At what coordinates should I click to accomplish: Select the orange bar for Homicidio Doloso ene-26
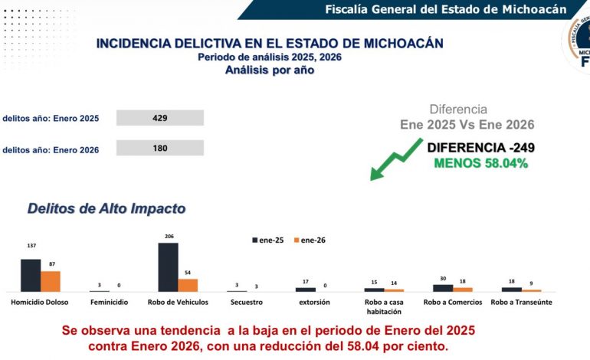(50, 281)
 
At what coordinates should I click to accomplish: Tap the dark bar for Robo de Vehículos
(168, 267)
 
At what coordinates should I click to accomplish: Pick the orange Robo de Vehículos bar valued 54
(188, 285)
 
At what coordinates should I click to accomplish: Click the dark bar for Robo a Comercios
(443, 288)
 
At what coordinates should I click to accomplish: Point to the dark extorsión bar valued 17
(306, 290)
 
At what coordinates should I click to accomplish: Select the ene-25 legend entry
(268, 240)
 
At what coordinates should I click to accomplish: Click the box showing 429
(160, 118)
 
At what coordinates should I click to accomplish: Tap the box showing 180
(160, 148)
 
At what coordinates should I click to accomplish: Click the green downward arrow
(395, 159)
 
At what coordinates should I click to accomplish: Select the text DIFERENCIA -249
(480, 148)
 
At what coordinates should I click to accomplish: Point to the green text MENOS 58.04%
(480, 163)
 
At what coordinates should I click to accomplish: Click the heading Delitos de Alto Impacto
(107, 208)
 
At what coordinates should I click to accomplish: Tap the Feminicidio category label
(109, 303)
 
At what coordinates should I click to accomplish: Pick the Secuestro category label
(246, 303)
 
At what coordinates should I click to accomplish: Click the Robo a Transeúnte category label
(521, 303)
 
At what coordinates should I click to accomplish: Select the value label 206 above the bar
(168, 237)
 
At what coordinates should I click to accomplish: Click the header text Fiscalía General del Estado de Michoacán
(445, 9)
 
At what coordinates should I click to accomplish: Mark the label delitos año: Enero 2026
(51, 150)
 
